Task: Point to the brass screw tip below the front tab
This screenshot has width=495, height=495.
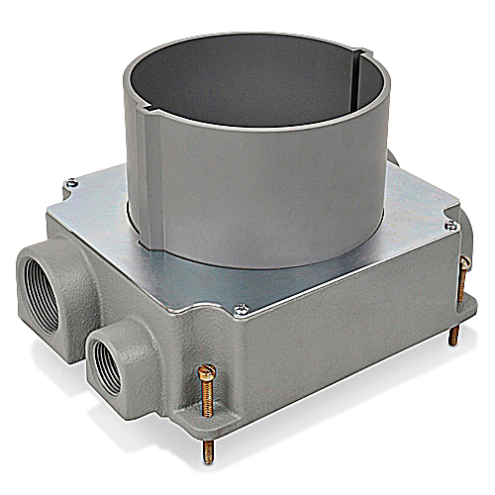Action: point(208,450)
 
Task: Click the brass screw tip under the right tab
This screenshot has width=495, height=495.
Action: point(454,336)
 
